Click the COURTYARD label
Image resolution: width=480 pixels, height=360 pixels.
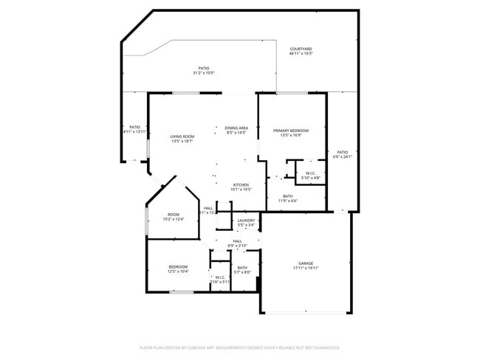click(301, 49)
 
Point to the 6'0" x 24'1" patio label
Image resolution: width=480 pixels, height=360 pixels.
click(342, 153)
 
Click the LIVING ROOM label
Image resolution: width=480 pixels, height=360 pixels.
click(182, 136)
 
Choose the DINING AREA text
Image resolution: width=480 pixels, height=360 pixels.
click(236, 128)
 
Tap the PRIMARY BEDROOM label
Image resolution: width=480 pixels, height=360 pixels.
click(290, 131)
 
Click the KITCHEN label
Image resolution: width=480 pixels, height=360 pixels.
click(241, 184)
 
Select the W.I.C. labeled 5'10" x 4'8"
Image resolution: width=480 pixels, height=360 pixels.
click(311, 174)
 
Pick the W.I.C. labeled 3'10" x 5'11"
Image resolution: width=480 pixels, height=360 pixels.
click(220, 277)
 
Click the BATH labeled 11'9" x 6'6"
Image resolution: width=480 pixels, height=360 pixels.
click(287, 196)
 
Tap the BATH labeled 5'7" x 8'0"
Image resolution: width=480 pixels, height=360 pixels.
click(242, 268)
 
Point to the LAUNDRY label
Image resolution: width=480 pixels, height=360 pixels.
click(246, 220)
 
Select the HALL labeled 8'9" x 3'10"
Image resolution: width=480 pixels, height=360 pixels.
click(238, 240)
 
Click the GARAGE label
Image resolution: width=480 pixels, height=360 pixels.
click(306, 263)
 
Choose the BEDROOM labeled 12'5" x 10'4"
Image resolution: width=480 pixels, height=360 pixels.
click(178, 266)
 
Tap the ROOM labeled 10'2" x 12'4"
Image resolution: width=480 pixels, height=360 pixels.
click(174, 215)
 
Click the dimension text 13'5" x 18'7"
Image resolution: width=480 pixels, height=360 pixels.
click(182, 141)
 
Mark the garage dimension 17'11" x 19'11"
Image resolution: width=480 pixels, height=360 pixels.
click(306, 268)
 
